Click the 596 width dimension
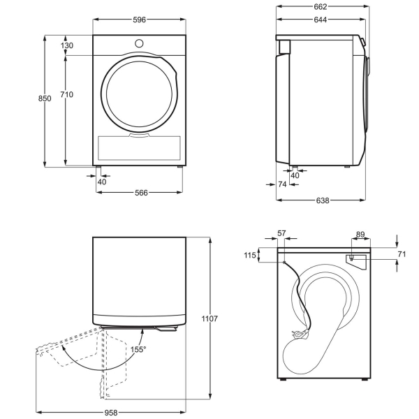pos(140,20)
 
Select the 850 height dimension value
pos(44,99)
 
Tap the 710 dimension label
pos(67,94)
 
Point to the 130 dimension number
pos(67,45)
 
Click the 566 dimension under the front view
pos(141,193)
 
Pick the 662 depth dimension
pos(320,7)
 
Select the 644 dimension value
pos(320,20)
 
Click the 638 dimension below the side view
pos(323,200)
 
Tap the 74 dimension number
pos(282,184)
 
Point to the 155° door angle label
pos(138,349)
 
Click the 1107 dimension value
pos(209,319)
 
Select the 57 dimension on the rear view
pos(282,233)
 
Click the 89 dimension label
pos(360,235)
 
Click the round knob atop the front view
pos(140,43)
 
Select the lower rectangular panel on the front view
pos(140,147)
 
